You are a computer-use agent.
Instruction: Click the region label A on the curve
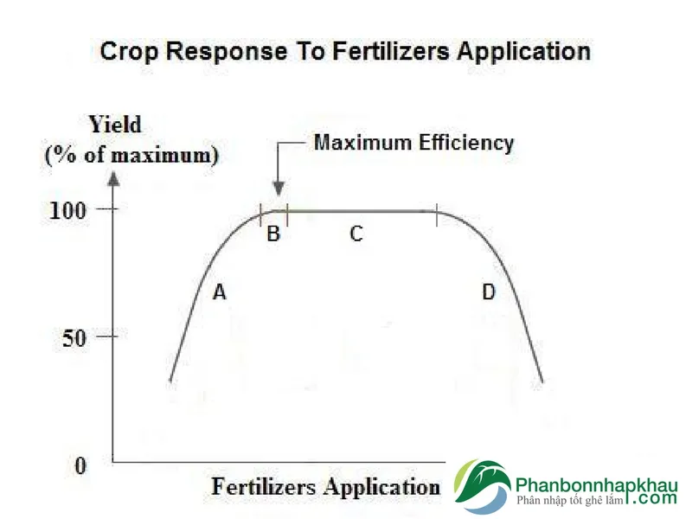220,292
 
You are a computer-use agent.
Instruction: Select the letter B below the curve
273,234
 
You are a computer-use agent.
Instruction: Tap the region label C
356,234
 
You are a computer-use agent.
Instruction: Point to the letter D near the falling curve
489,292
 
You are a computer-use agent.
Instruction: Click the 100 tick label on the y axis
67,210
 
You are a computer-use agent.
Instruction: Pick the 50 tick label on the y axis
74,338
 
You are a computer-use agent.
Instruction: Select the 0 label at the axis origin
80,465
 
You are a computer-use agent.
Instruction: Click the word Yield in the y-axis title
115,125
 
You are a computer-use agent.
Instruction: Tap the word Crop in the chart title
129,52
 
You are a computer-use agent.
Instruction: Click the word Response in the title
227,51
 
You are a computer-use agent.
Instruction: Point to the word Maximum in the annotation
362,143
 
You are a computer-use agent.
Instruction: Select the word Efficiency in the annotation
466,143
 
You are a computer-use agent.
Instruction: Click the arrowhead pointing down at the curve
278,189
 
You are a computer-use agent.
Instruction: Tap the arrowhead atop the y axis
114,179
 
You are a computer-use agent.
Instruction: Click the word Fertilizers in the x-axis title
264,487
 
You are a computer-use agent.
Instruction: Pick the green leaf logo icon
484,487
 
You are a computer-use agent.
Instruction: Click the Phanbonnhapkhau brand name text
596,485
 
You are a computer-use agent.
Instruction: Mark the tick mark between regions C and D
437,215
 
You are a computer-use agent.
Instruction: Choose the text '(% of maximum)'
132,156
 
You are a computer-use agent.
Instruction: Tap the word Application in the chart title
524,52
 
